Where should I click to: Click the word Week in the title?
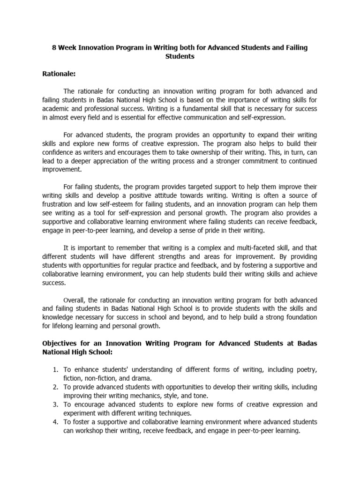[x=68, y=48]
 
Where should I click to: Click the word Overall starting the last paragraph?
[x=76, y=300]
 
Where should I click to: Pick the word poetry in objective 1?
[x=307, y=369]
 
